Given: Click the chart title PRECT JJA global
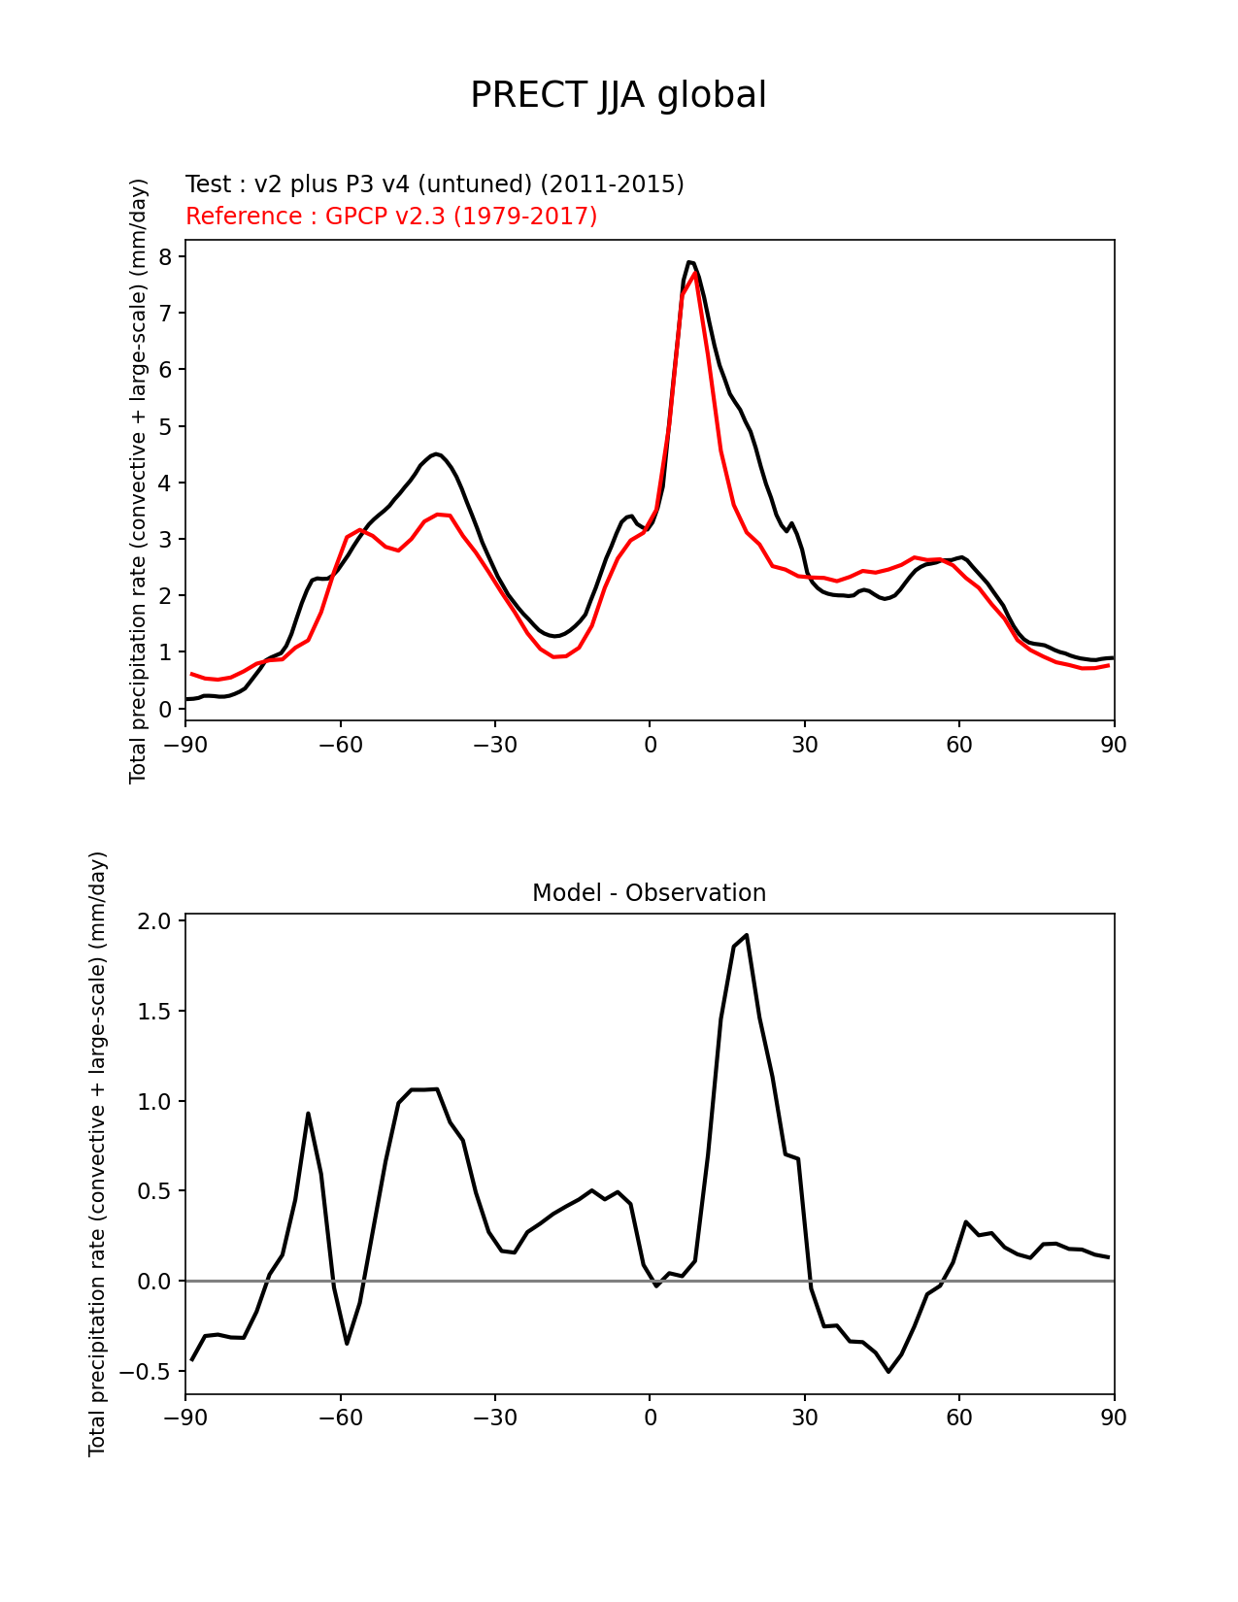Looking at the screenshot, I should coord(619,95).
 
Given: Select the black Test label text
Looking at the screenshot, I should coord(434,184).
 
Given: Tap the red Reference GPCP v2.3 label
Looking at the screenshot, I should coord(391,217).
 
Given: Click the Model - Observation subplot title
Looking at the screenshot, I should coord(649,893).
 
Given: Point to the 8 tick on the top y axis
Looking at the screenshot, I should coord(166,256).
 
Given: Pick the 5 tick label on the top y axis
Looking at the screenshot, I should coord(166,426).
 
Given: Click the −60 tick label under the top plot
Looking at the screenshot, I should coord(340,745).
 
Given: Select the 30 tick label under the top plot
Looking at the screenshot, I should coord(805,745).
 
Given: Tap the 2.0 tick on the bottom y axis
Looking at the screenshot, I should coord(155,920).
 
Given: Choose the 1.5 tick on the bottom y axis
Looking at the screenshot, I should coord(155,1011).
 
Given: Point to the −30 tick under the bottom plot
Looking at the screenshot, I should coord(494,1418).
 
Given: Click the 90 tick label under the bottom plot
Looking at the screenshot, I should coord(1114,1418).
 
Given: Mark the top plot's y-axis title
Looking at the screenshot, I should coord(139,481).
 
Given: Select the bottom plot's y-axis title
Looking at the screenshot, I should coord(98,1153).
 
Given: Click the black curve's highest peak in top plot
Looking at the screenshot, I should coord(689,262).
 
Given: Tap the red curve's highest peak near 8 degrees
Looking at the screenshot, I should coord(695,275).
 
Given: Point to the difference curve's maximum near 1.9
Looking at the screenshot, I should coord(746,935).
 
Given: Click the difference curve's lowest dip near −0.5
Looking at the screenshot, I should coord(888,1371).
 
